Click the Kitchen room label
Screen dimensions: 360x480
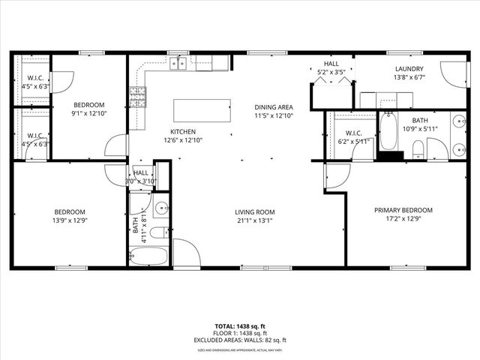pyautogui.click(x=183, y=131)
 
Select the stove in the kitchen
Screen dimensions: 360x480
pyautogui.click(x=138, y=94)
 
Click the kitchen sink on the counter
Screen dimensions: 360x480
pyautogui.click(x=178, y=63)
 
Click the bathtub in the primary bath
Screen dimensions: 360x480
pyautogui.click(x=388, y=130)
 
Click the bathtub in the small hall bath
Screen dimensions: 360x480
pyautogui.click(x=142, y=257)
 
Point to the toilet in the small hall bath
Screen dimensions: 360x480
pyautogui.click(x=159, y=232)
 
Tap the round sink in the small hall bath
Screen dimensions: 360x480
pyautogui.click(x=161, y=208)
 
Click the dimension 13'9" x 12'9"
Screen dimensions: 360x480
pyautogui.click(x=68, y=220)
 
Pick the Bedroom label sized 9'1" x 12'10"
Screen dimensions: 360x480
pyautogui.click(x=88, y=113)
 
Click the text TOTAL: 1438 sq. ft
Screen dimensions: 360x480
pyautogui.click(x=239, y=327)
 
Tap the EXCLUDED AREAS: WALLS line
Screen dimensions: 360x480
pyautogui.click(x=239, y=340)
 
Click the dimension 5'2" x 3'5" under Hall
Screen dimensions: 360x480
pyautogui.click(x=331, y=72)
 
